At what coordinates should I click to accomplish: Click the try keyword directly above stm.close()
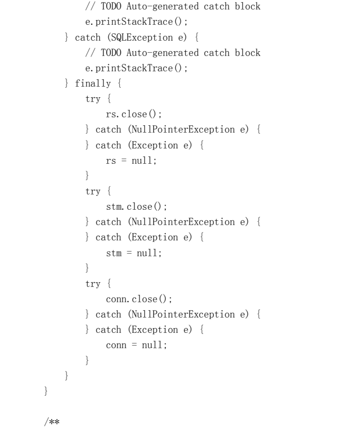(x=92, y=191)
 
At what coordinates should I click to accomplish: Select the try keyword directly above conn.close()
(x=92, y=284)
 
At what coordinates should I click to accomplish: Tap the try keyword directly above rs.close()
(x=92, y=99)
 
